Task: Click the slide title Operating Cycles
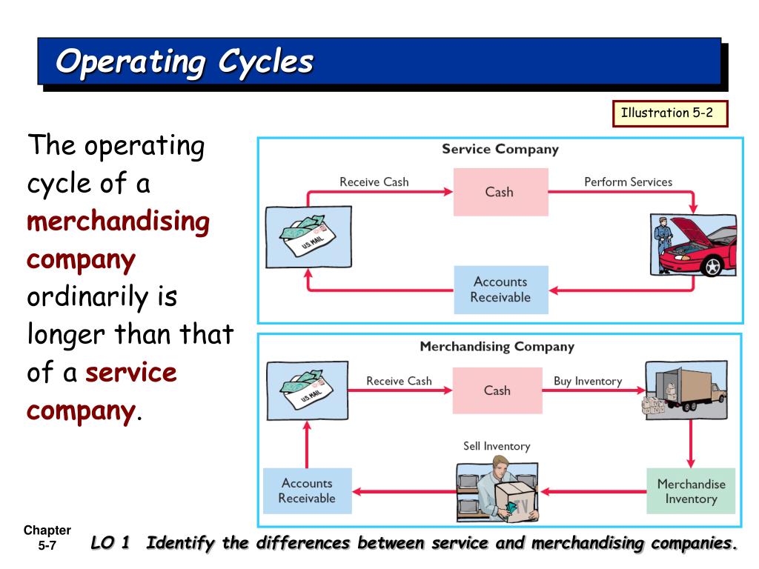point(185,61)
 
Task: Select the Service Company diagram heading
point(500,149)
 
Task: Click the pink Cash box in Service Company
point(500,192)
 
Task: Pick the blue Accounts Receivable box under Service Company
point(500,290)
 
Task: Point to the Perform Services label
point(628,182)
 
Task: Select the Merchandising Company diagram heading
point(497,346)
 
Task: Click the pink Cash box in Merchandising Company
point(497,390)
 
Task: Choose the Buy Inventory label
point(588,382)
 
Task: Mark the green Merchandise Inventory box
point(691,491)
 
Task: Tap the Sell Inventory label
point(497,446)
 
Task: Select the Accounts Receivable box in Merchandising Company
point(307,490)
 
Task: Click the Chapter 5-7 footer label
point(47,537)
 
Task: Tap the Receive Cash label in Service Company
point(374,182)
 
